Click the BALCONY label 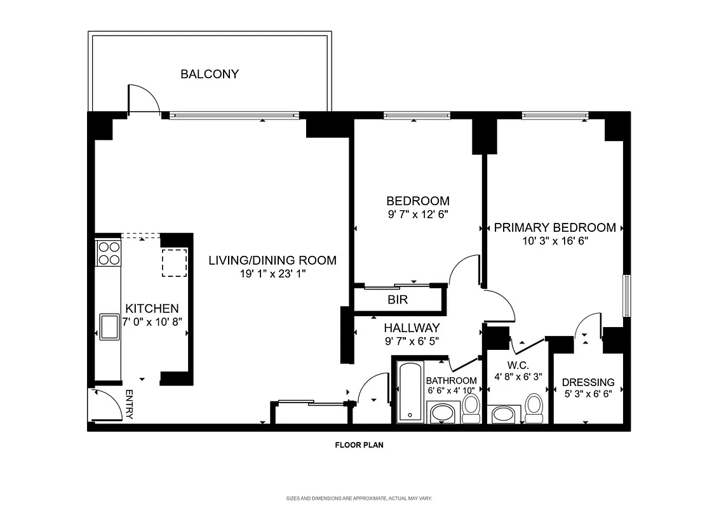(x=210, y=74)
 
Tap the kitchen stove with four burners (x=108, y=253)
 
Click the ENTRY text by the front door (x=129, y=404)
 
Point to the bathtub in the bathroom (x=410, y=392)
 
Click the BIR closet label (x=398, y=300)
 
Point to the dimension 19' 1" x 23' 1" (x=273, y=275)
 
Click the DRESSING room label (x=588, y=382)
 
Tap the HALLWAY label (x=412, y=328)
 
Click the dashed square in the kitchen (x=173, y=263)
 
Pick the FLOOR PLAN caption (x=359, y=445)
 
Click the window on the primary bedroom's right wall (x=626, y=295)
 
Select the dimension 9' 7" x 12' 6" (x=418, y=215)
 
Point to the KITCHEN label (x=147, y=308)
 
